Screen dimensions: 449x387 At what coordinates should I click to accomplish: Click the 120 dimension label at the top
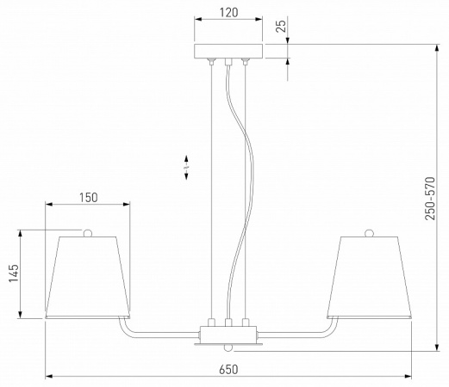[x=229, y=12]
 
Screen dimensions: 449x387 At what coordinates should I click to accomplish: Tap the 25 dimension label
[x=282, y=26]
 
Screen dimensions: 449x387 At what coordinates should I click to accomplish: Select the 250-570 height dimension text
[x=430, y=199]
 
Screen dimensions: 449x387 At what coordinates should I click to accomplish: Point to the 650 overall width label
[x=228, y=369]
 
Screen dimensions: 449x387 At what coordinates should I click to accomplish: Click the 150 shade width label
[x=89, y=198]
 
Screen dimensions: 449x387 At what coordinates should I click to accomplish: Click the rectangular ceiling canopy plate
[x=228, y=52]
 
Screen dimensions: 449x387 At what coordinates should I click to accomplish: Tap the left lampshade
[x=88, y=277]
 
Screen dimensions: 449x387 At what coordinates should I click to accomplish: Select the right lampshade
[x=369, y=277]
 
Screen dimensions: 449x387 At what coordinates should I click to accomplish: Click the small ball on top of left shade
[x=88, y=233]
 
